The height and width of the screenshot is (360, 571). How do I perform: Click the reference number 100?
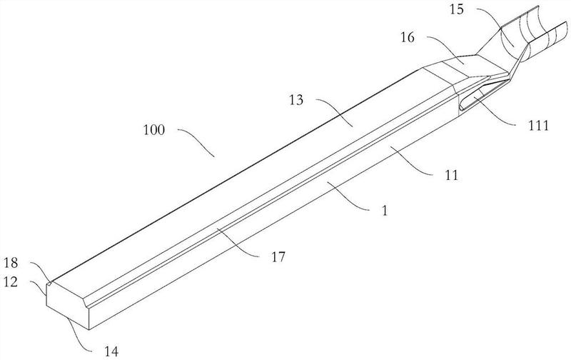(x=153, y=130)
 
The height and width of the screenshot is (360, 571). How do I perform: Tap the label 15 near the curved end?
(x=457, y=9)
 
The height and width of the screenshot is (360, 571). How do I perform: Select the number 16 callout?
(x=408, y=37)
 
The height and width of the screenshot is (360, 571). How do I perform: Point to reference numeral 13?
(x=296, y=100)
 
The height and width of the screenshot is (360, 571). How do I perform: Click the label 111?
(x=538, y=126)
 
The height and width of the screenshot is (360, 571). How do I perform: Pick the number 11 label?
(x=452, y=176)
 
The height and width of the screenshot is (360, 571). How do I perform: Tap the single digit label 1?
(x=385, y=211)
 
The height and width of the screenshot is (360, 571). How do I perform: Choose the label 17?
(x=278, y=257)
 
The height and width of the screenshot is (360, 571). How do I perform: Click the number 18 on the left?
(x=11, y=263)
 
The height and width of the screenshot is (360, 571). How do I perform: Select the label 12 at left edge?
(x=11, y=281)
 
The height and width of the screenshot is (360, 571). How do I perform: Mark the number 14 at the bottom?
(x=111, y=351)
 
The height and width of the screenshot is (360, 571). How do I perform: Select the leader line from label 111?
(x=495, y=113)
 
